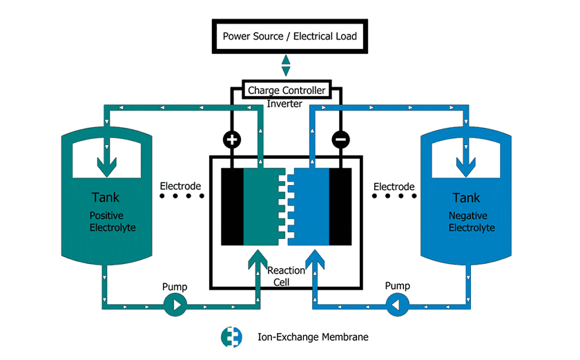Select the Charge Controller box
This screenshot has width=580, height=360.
(286, 91)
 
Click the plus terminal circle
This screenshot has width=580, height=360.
(232, 140)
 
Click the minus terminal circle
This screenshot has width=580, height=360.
(340, 140)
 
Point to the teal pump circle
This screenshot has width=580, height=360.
(175, 304)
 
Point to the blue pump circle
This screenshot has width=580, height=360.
(397, 304)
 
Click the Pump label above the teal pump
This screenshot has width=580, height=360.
(175, 287)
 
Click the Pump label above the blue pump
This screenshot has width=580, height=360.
(398, 287)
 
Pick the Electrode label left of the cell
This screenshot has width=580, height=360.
(180, 187)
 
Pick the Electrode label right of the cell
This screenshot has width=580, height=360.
(394, 187)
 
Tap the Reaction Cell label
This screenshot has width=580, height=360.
(286, 276)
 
